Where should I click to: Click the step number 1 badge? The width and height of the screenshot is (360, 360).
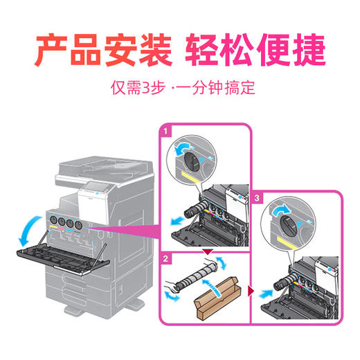click(x=165, y=129)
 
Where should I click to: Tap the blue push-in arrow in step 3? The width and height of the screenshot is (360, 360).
click(x=265, y=291)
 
